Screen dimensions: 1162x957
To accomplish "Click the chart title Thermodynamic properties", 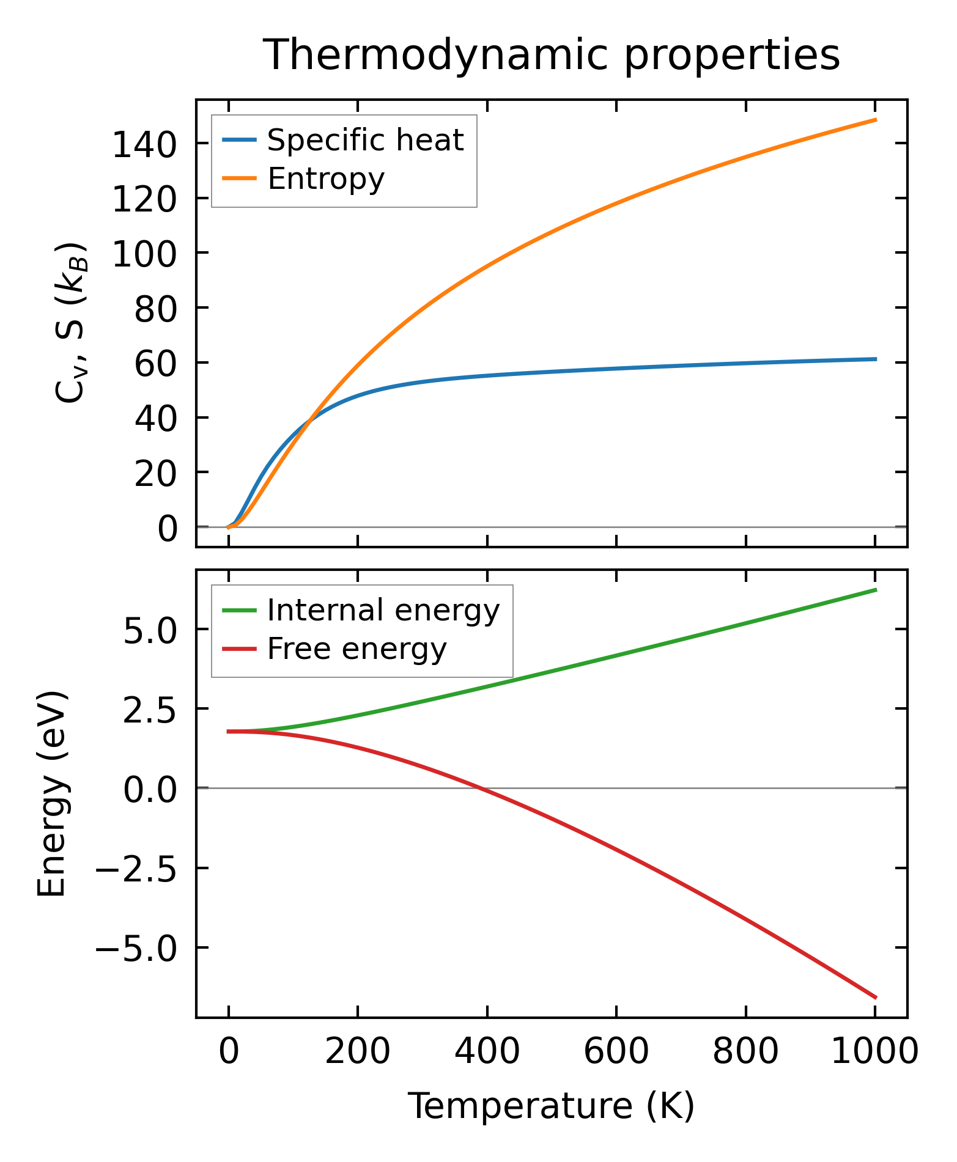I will (552, 55).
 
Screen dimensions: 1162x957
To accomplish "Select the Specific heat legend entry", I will (365, 141).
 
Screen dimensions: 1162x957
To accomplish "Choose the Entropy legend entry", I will (326, 179).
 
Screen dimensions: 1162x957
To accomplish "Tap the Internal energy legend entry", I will (383, 611).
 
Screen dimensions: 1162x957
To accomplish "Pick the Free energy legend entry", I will (357, 649).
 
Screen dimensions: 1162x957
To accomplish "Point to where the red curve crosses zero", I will (481, 789).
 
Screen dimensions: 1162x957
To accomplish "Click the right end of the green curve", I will (876, 590).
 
